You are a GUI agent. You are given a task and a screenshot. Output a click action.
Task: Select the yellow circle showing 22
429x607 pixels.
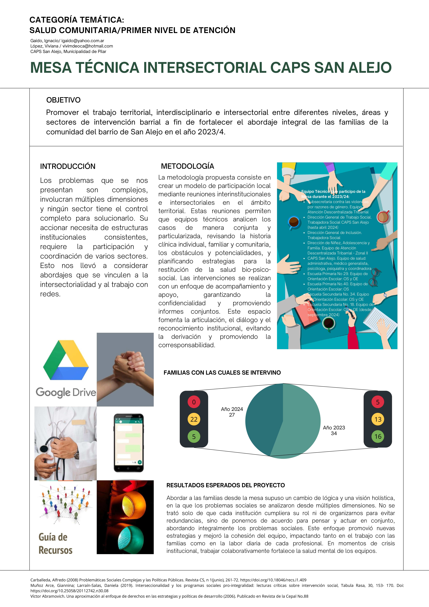pos(194,419)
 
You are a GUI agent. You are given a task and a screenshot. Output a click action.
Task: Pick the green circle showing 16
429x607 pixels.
pos(378,436)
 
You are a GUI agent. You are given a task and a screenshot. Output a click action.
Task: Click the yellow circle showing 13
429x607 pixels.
pos(378,419)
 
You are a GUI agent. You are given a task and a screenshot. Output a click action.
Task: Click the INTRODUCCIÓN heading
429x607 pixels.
pos(68,166)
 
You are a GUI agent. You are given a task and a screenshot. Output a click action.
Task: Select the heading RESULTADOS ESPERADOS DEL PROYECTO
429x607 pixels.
pos(225,485)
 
